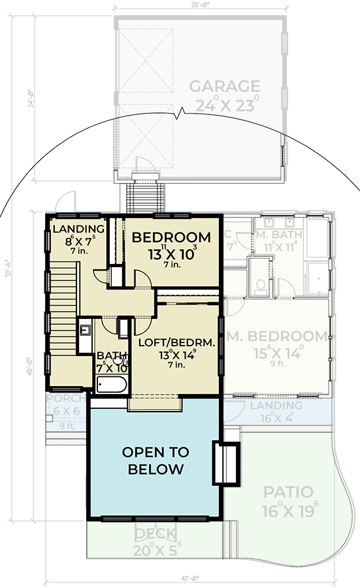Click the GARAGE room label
(x=225, y=86)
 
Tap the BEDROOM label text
(x=171, y=238)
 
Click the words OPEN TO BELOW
(x=155, y=461)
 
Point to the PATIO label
(x=288, y=492)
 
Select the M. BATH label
(x=277, y=235)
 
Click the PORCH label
(x=65, y=399)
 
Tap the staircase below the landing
(x=64, y=307)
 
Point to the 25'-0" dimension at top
(x=200, y=5)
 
